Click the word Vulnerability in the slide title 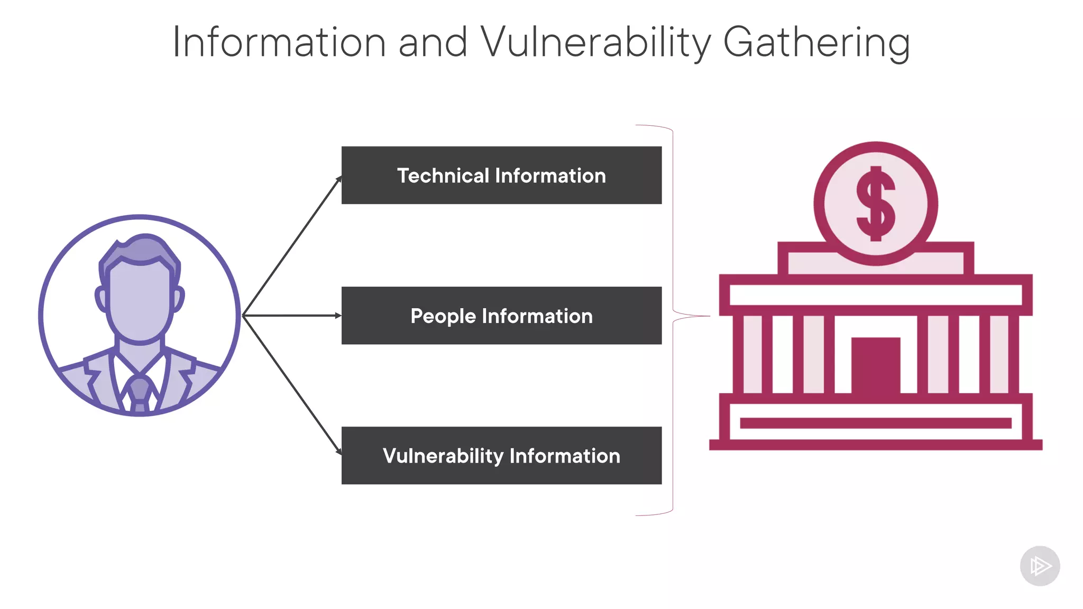[x=596, y=42]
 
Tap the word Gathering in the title [x=816, y=42]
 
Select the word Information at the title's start [x=279, y=42]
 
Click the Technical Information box [x=501, y=175]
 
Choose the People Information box [x=501, y=316]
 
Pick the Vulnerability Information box [x=501, y=455]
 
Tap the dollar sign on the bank [x=876, y=204]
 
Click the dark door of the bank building [x=876, y=365]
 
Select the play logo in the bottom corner [x=1040, y=566]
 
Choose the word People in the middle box [x=443, y=316]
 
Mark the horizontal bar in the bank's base [x=876, y=423]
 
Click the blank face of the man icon [x=140, y=301]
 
